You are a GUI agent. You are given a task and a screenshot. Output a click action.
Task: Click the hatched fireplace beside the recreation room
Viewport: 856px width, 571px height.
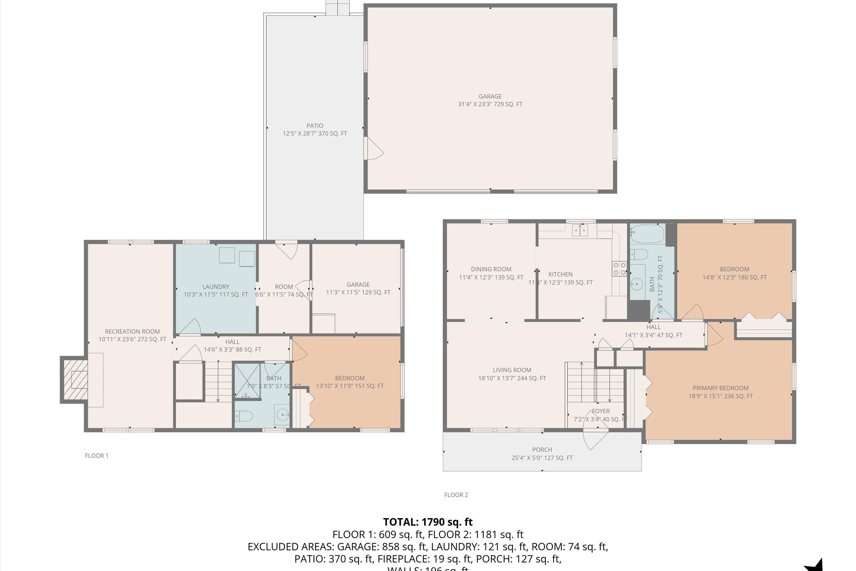pyautogui.click(x=74, y=379)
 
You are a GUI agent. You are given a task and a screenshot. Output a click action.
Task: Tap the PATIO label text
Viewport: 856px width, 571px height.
pyautogui.click(x=315, y=126)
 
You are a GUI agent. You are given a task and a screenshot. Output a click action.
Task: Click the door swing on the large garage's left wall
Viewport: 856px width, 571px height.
pyautogui.click(x=374, y=148)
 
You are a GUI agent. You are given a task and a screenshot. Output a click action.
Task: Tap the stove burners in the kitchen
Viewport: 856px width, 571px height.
pyautogui.click(x=619, y=268)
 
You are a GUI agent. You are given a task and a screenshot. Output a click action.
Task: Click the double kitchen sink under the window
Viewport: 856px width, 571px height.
pyautogui.click(x=580, y=230)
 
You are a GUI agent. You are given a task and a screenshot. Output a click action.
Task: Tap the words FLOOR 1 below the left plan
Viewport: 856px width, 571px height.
pyautogui.click(x=96, y=456)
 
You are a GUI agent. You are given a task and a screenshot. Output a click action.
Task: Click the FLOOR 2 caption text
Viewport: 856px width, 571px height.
pyautogui.click(x=456, y=494)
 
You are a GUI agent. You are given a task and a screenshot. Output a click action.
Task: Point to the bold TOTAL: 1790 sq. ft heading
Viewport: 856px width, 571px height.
pyautogui.click(x=428, y=522)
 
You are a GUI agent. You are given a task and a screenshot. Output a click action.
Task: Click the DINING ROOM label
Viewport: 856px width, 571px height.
pyautogui.click(x=491, y=269)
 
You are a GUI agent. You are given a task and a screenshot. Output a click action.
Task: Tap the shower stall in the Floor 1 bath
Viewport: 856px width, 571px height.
pyautogui.click(x=247, y=381)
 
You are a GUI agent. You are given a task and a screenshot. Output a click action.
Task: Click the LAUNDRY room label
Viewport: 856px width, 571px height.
pyautogui.click(x=216, y=287)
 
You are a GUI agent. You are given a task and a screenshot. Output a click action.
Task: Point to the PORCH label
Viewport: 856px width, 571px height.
pyautogui.click(x=542, y=450)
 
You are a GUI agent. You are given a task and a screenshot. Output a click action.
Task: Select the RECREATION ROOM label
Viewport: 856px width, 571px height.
pyautogui.click(x=132, y=331)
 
